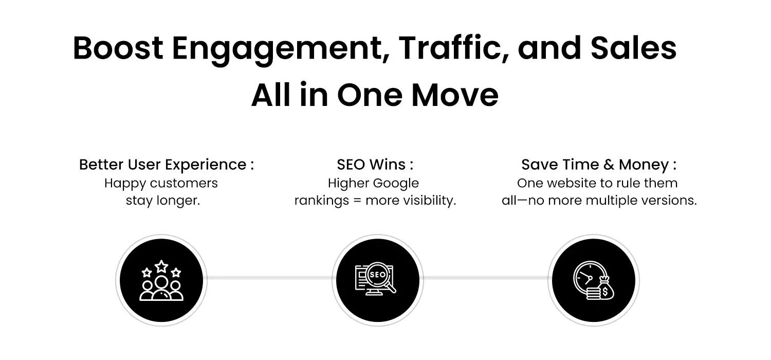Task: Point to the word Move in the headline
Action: [455, 95]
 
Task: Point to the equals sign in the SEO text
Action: [357, 201]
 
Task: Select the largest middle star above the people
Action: [161, 266]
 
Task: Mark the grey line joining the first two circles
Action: [269, 278]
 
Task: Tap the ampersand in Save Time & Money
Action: [609, 165]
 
